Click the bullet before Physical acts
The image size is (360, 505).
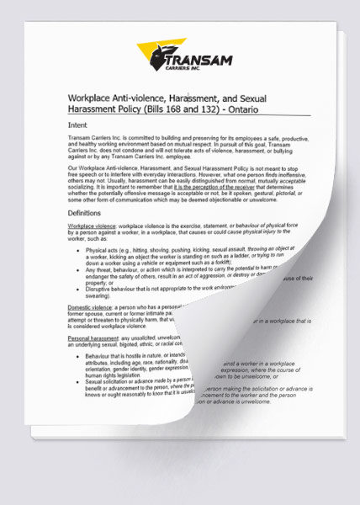point(77,251)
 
